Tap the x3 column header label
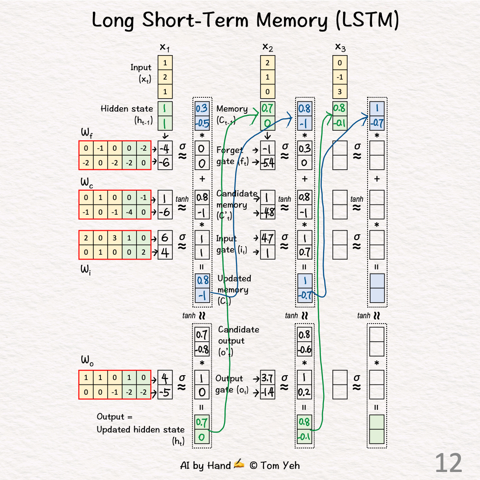(x=340, y=47)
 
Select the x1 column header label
(x=165, y=47)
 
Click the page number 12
(x=448, y=463)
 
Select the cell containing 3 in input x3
(x=340, y=91)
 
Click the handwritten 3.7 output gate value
(x=268, y=379)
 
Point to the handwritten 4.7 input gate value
(x=268, y=239)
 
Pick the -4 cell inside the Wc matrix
(x=129, y=212)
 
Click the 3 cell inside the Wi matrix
(x=115, y=238)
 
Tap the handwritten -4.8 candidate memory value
(x=268, y=212)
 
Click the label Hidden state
(x=127, y=109)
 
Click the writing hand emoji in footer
(x=239, y=465)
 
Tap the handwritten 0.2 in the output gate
(x=304, y=392)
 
